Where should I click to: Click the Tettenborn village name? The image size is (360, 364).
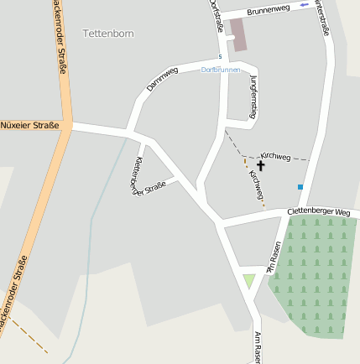pyautogui.click(x=108, y=34)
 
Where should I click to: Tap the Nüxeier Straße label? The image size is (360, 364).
pyautogui.click(x=30, y=126)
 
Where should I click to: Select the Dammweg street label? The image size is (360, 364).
pyautogui.click(x=163, y=79)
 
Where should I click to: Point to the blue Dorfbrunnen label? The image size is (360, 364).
pyautogui.click(x=221, y=70)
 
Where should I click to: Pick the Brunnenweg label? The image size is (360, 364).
pyautogui.click(x=269, y=8)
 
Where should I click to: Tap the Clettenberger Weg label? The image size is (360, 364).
pyautogui.click(x=318, y=212)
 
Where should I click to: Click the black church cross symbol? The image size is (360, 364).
pyautogui.click(x=248, y=166)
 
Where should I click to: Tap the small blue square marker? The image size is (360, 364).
pyautogui.click(x=300, y=186)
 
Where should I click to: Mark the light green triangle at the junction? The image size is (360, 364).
pyautogui.click(x=248, y=280)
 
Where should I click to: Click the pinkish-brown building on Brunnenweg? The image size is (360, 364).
pyautogui.click(x=239, y=34)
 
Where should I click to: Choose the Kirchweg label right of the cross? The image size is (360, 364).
pyautogui.click(x=275, y=157)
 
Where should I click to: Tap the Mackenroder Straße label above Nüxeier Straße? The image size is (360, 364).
pyautogui.click(x=58, y=38)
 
